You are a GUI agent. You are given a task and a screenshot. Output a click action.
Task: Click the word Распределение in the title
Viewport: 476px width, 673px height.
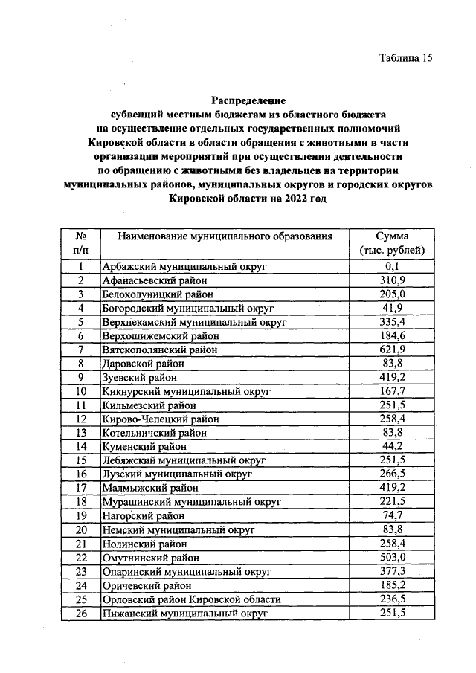coord(248,100)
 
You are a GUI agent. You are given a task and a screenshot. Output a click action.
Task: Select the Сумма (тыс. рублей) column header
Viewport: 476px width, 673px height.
coord(393,243)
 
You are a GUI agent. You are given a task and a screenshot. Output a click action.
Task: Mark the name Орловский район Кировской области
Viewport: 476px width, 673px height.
coord(191,599)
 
